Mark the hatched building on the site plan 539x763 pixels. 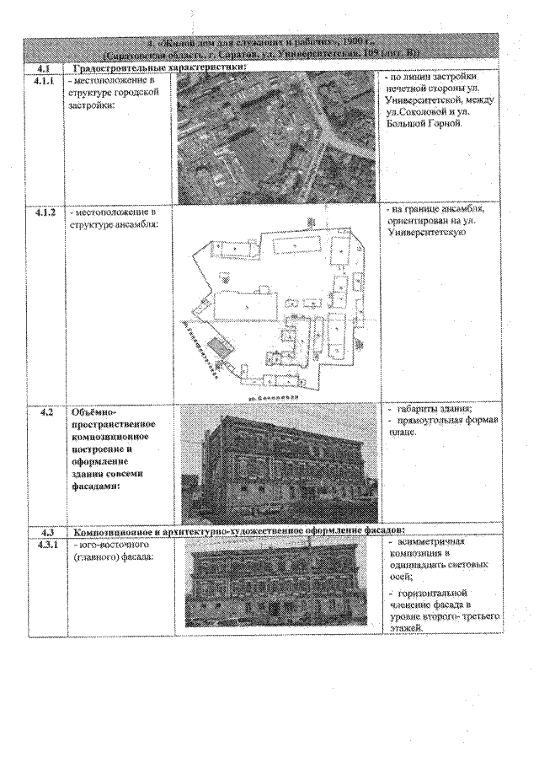(x=219, y=347)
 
